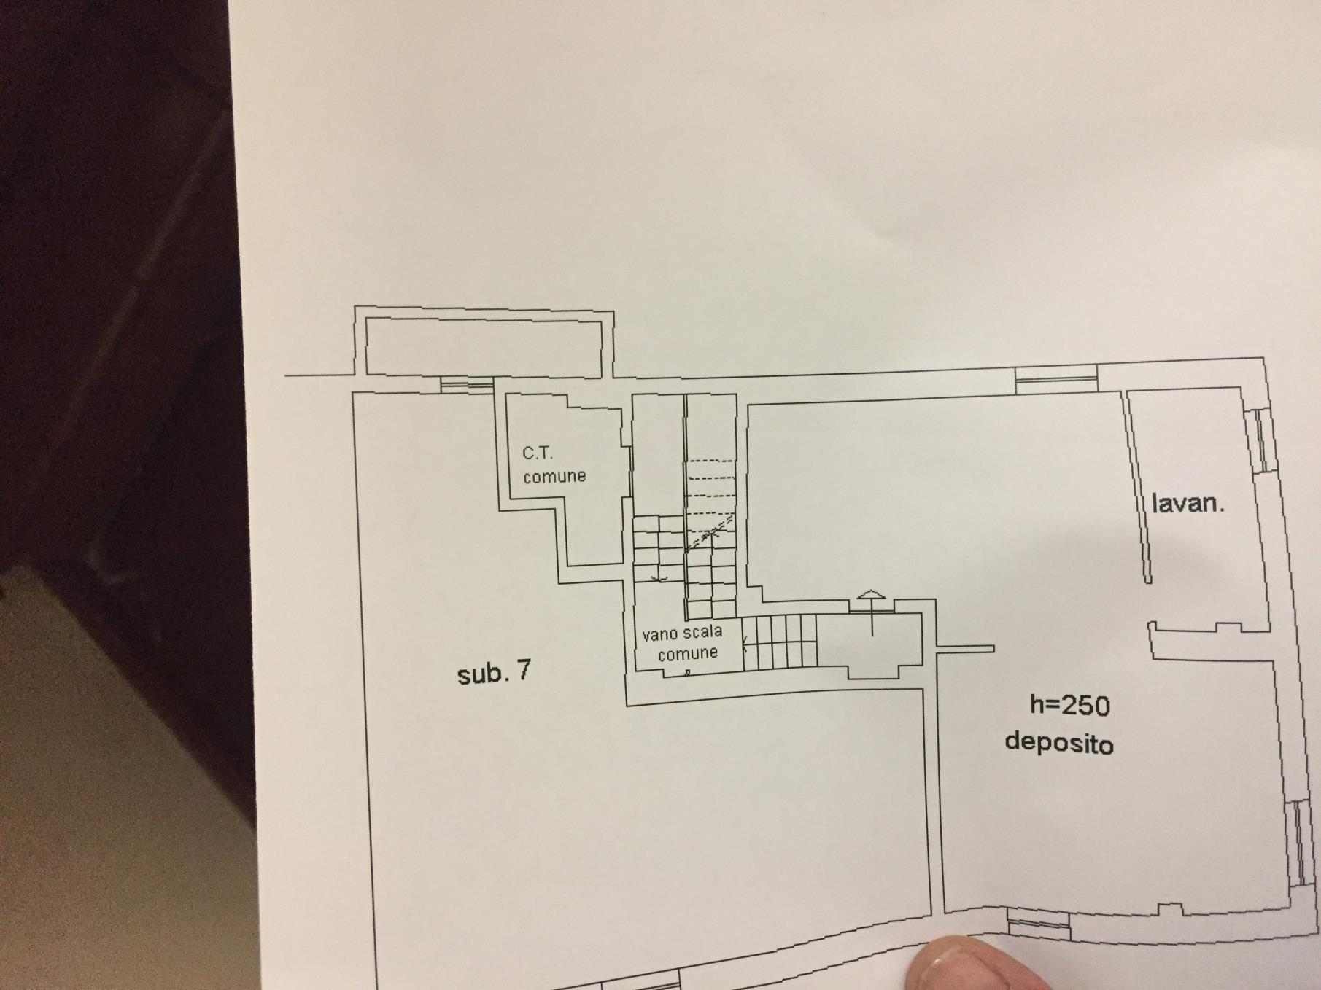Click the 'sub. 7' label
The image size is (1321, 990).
[494, 671]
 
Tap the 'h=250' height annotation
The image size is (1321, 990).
[1069, 705]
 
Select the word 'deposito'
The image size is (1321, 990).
[1059, 742]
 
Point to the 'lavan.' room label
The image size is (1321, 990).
[1188, 503]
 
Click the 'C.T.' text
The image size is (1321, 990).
[538, 453]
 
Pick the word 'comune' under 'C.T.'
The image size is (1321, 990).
[554, 476]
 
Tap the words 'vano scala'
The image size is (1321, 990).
[682, 633]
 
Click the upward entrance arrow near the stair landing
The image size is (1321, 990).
[872, 612]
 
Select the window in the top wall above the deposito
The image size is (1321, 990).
[1056, 379]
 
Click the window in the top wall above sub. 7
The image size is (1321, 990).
[468, 384]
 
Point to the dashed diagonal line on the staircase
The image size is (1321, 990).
[710, 534]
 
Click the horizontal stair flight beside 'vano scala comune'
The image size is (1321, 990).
[780, 642]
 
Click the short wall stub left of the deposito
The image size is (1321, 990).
[965, 649]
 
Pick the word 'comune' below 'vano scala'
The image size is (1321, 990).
[688, 653]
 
